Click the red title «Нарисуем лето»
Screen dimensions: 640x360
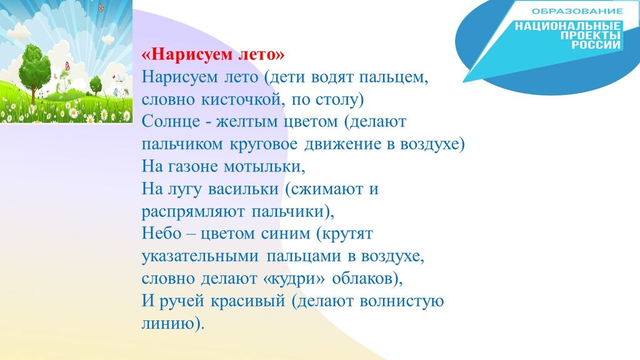tap(212, 55)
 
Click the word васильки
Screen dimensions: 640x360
tap(243, 189)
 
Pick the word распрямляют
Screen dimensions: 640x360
tap(193, 211)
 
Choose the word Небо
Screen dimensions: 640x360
tap(161, 234)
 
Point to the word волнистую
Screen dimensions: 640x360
tap(402, 301)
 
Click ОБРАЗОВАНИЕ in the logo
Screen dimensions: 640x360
tap(577, 11)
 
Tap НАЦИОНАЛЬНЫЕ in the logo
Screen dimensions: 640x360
tap(567, 26)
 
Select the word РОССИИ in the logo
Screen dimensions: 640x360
tap(596, 45)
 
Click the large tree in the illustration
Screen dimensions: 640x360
tap(34, 72)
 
